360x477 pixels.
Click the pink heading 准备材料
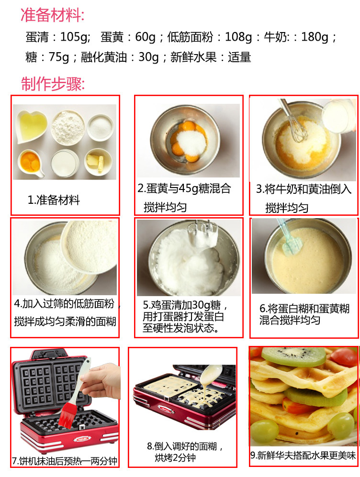click(52, 15)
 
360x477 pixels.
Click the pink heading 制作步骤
click(52, 84)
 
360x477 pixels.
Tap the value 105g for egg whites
click(75, 37)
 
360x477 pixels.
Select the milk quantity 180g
click(315, 37)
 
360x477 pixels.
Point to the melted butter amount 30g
click(148, 57)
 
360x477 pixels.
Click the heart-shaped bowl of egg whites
click(32, 126)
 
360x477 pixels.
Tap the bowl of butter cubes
click(98, 162)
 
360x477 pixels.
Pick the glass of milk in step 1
click(65, 163)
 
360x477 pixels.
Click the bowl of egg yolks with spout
click(31, 163)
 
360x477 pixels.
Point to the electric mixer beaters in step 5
click(202, 234)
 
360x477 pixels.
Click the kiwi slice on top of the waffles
click(293, 356)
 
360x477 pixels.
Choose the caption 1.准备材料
click(54, 200)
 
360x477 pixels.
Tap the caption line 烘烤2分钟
click(175, 457)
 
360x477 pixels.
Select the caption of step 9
click(303, 455)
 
